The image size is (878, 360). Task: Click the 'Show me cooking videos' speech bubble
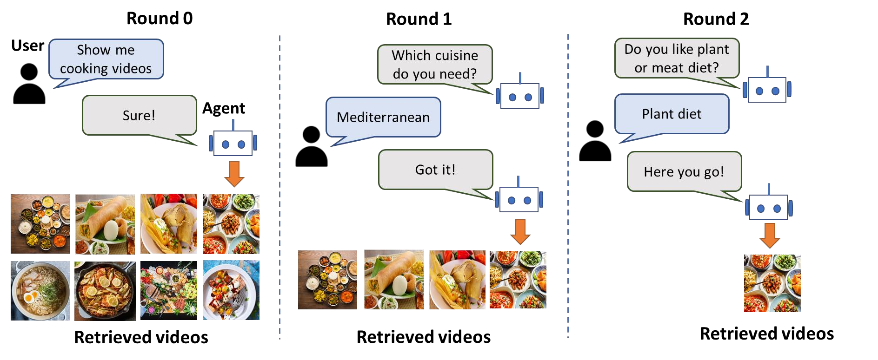coord(106,59)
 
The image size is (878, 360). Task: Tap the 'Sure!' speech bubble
coord(139,115)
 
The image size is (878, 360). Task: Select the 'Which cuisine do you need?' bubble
coord(435,65)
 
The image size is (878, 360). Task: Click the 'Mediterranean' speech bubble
coord(383,117)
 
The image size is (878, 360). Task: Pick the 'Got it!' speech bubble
coord(435,170)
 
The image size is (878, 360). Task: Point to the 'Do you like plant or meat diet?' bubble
coord(677,59)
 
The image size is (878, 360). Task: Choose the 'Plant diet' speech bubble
coord(672,114)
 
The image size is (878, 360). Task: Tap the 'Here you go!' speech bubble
coord(684,171)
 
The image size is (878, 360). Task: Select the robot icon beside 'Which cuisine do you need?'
coord(519,96)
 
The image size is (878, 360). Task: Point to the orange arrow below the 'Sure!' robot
coord(234,177)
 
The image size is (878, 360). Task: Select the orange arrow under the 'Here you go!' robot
coord(770,236)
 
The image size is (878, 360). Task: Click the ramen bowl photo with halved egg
coord(40,290)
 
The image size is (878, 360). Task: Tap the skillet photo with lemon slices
coord(105,290)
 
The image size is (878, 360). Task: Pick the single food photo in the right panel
coord(772,283)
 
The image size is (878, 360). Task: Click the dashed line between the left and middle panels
coord(279,186)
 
